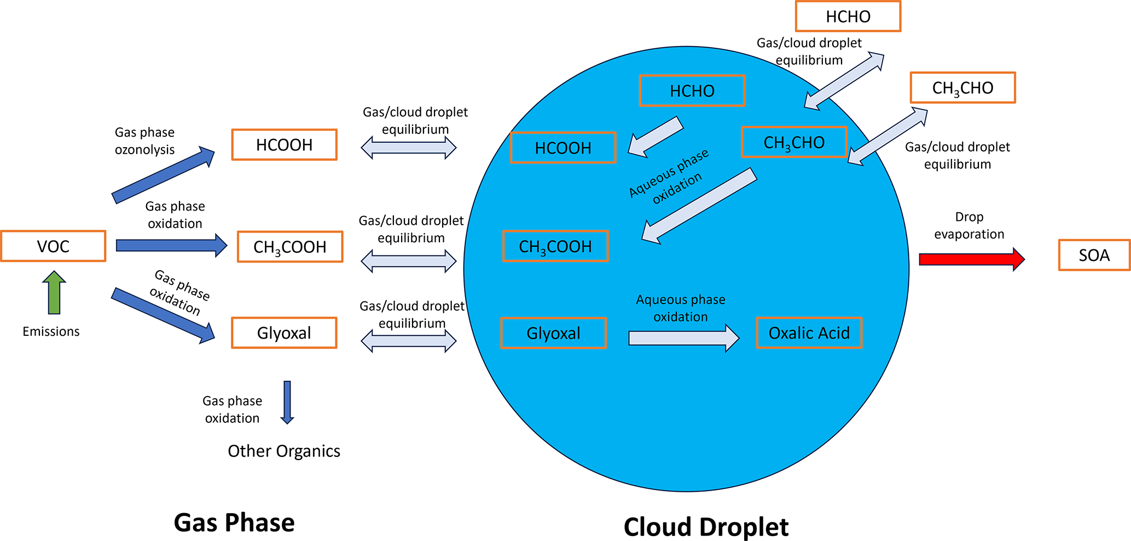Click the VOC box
click(53, 246)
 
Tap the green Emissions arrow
click(54, 293)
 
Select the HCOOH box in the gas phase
click(284, 144)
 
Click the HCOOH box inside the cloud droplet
click(563, 148)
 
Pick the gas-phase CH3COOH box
click(290, 247)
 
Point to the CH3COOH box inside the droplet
click(555, 246)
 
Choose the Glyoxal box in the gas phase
click(284, 333)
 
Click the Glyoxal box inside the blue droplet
click(553, 333)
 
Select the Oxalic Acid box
click(809, 333)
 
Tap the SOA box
click(1094, 255)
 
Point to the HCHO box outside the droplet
click(848, 16)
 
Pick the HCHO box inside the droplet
click(692, 90)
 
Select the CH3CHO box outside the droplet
click(962, 88)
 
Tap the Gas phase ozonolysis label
click(144, 141)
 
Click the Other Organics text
click(284, 451)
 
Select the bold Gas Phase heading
click(234, 522)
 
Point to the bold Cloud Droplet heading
click(706, 527)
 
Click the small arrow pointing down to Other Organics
click(287, 402)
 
